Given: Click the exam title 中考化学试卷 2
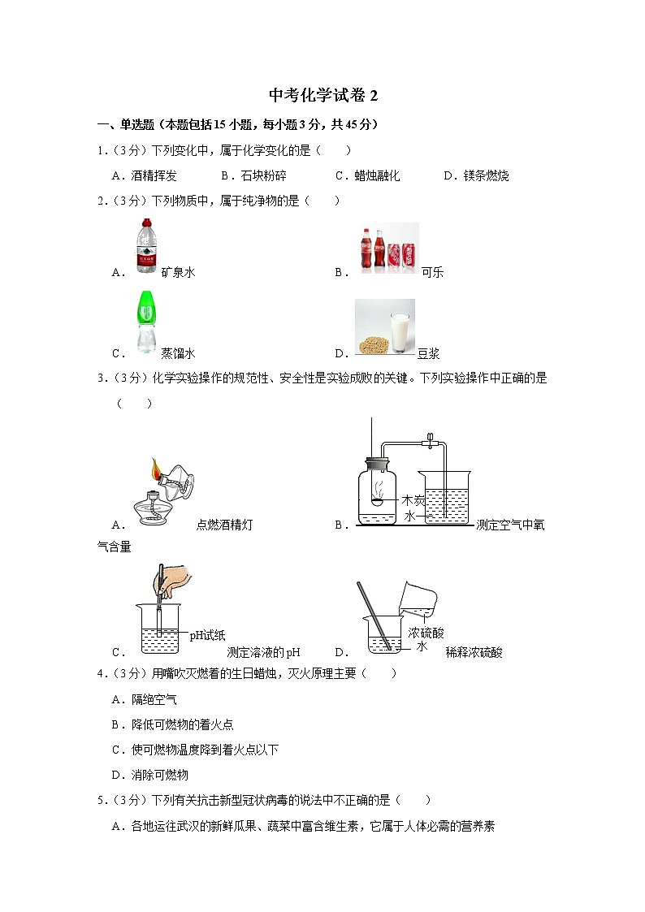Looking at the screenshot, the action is pyautogui.click(x=323, y=95).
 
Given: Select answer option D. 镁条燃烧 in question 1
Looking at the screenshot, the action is pyautogui.click(x=476, y=175).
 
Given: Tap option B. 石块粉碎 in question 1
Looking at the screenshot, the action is pyautogui.click(x=253, y=175).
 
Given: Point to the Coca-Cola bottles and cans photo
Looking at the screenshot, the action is pyautogui.click(x=388, y=248).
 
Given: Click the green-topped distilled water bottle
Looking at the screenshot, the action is pyautogui.click(x=146, y=322).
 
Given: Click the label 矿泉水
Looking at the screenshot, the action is pyautogui.click(x=178, y=272).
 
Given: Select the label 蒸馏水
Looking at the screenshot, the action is pyautogui.click(x=178, y=353).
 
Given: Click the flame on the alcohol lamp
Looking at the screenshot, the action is pyautogui.click(x=156, y=469).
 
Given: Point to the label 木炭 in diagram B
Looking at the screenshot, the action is pyautogui.click(x=413, y=500).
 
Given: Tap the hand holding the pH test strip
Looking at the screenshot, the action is pyautogui.click(x=171, y=581).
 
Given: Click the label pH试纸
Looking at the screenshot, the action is pyautogui.click(x=208, y=635).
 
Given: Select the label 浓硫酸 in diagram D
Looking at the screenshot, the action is pyautogui.click(x=426, y=633).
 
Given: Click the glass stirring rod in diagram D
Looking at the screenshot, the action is pyautogui.click(x=374, y=616).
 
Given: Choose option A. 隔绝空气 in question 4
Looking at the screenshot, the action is pyautogui.click(x=145, y=700).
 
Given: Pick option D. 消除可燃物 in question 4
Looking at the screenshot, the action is pyautogui.click(x=150, y=776).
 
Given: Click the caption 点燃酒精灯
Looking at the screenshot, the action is pyautogui.click(x=224, y=525).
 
